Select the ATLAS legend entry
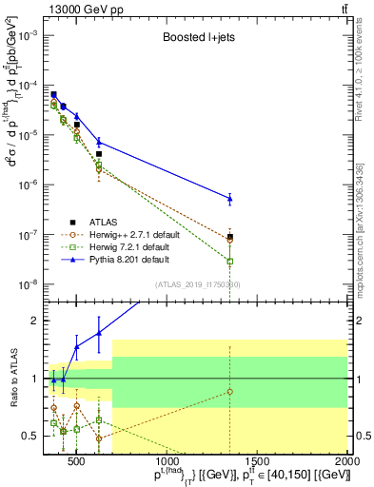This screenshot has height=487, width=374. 101,221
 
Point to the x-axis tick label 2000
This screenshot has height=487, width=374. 346,462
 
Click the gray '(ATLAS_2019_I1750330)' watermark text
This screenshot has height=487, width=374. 198,284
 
